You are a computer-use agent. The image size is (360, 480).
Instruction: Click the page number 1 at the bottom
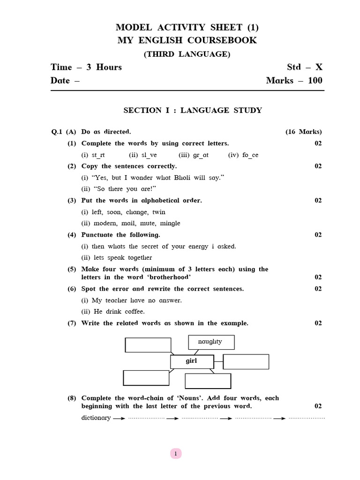[175, 453]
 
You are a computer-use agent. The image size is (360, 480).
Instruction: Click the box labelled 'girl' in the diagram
[192, 361]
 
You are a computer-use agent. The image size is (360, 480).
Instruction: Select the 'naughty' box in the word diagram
[211, 342]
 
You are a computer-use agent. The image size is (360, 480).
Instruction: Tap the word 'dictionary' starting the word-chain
[96, 418]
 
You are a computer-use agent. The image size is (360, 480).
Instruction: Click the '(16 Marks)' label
[304, 132]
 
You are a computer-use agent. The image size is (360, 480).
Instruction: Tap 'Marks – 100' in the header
[294, 80]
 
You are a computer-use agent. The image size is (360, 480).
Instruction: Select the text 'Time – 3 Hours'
[86, 67]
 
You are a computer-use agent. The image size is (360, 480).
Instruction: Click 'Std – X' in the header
[305, 67]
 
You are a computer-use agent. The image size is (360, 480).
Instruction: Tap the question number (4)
[72, 234]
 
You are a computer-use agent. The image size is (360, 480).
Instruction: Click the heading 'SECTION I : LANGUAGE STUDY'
[193, 110]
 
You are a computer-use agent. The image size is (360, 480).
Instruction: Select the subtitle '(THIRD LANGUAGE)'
[187, 54]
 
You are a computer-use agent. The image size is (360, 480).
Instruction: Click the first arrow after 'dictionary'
[119, 418]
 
